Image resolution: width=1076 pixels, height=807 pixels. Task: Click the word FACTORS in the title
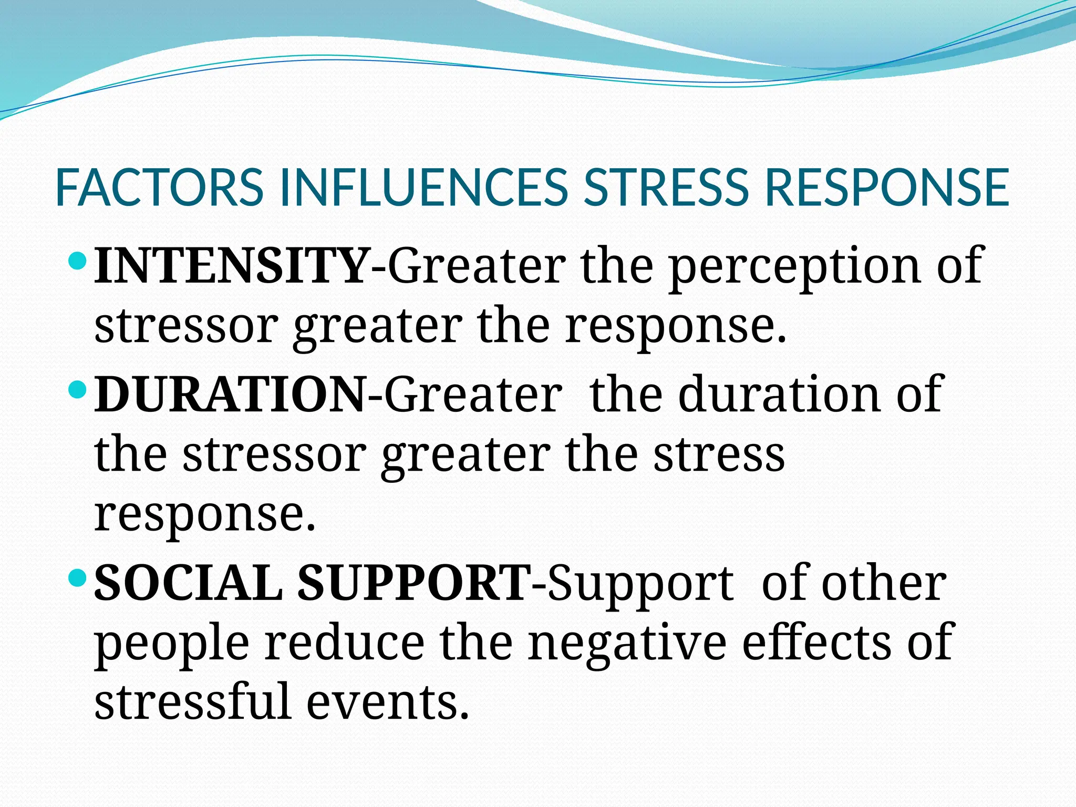(159, 188)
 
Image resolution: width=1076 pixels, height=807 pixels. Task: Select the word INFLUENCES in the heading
(423, 188)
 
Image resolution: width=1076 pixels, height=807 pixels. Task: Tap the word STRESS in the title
(666, 188)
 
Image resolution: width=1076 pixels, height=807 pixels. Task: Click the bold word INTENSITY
(232, 266)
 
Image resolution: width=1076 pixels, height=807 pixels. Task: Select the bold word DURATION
(230, 395)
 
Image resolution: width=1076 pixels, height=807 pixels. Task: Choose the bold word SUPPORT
(414, 583)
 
